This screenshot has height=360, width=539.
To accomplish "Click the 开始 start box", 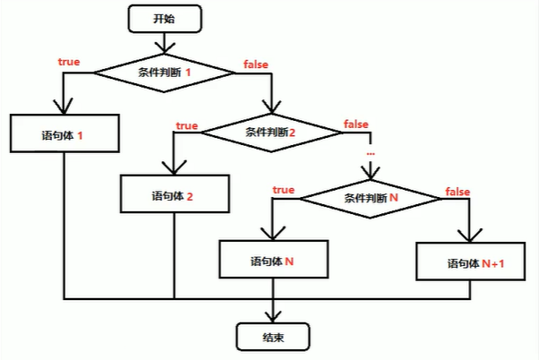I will click(x=163, y=17).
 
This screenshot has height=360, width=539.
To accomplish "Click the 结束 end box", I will click(x=273, y=337).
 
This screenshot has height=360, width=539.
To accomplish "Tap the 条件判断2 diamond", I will click(x=271, y=132).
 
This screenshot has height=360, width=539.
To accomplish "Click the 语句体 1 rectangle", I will click(x=63, y=136).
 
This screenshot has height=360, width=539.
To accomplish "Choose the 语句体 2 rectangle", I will click(x=175, y=194).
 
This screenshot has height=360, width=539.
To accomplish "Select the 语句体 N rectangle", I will click(x=273, y=261).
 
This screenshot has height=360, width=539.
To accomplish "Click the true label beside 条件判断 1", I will click(x=68, y=63).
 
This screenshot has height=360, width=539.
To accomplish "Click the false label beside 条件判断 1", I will click(x=257, y=64).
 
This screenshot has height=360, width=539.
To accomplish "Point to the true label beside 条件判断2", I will click(x=186, y=125).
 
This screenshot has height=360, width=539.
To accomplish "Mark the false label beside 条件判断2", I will click(x=356, y=123).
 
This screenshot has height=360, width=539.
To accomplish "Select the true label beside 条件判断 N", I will click(x=283, y=190).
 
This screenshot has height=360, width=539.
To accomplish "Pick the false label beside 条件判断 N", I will click(x=458, y=192).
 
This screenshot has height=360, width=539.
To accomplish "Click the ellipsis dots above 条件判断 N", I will click(x=371, y=154).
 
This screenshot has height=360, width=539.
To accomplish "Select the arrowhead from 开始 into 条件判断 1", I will click(x=163, y=45).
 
